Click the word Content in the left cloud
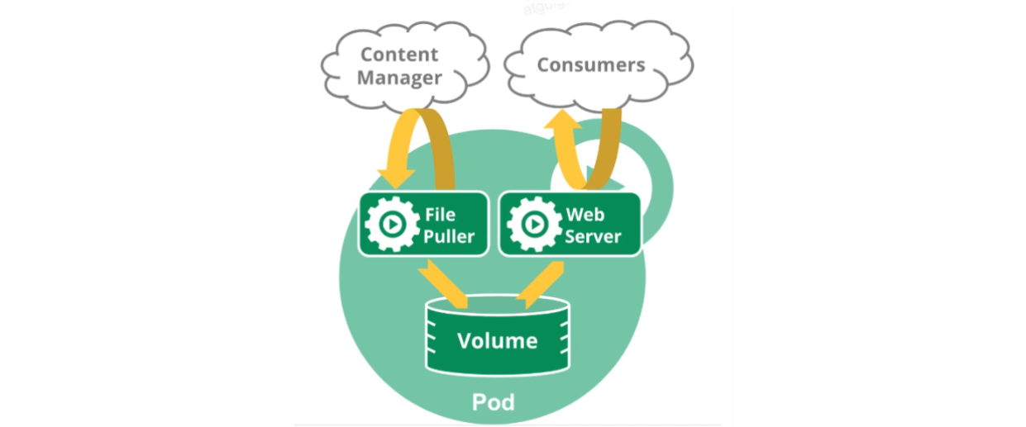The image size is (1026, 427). [x=398, y=55]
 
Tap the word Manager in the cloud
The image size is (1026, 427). [x=399, y=78]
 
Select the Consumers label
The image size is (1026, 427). [x=591, y=64]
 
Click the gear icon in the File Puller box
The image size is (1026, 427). [x=391, y=223]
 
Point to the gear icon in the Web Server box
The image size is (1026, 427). [x=534, y=223]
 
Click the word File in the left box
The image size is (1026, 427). [x=441, y=216]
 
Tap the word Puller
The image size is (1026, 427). [x=450, y=237]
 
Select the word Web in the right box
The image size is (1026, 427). [x=585, y=216]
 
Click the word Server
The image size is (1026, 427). [x=593, y=237]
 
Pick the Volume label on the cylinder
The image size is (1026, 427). [x=498, y=340]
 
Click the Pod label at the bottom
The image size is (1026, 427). [x=494, y=402]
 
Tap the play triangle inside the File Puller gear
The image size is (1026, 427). [x=393, y=224]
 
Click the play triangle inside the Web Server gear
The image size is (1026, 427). [x=536, y=224]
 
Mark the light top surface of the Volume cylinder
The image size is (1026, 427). [x=496, y=306]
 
